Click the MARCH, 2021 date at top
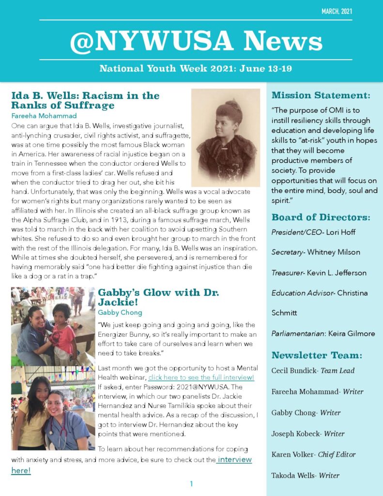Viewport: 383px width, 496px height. click(337, 11)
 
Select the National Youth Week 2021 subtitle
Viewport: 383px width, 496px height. click(196, 68)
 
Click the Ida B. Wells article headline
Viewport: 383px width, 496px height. click(85, 100)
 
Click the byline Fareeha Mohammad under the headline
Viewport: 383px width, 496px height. click(44, 116)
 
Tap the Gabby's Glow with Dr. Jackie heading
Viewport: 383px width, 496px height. click(158, 297)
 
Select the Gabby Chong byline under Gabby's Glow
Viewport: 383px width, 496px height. click(120, 312)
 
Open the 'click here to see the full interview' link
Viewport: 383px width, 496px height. click(201, 377)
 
